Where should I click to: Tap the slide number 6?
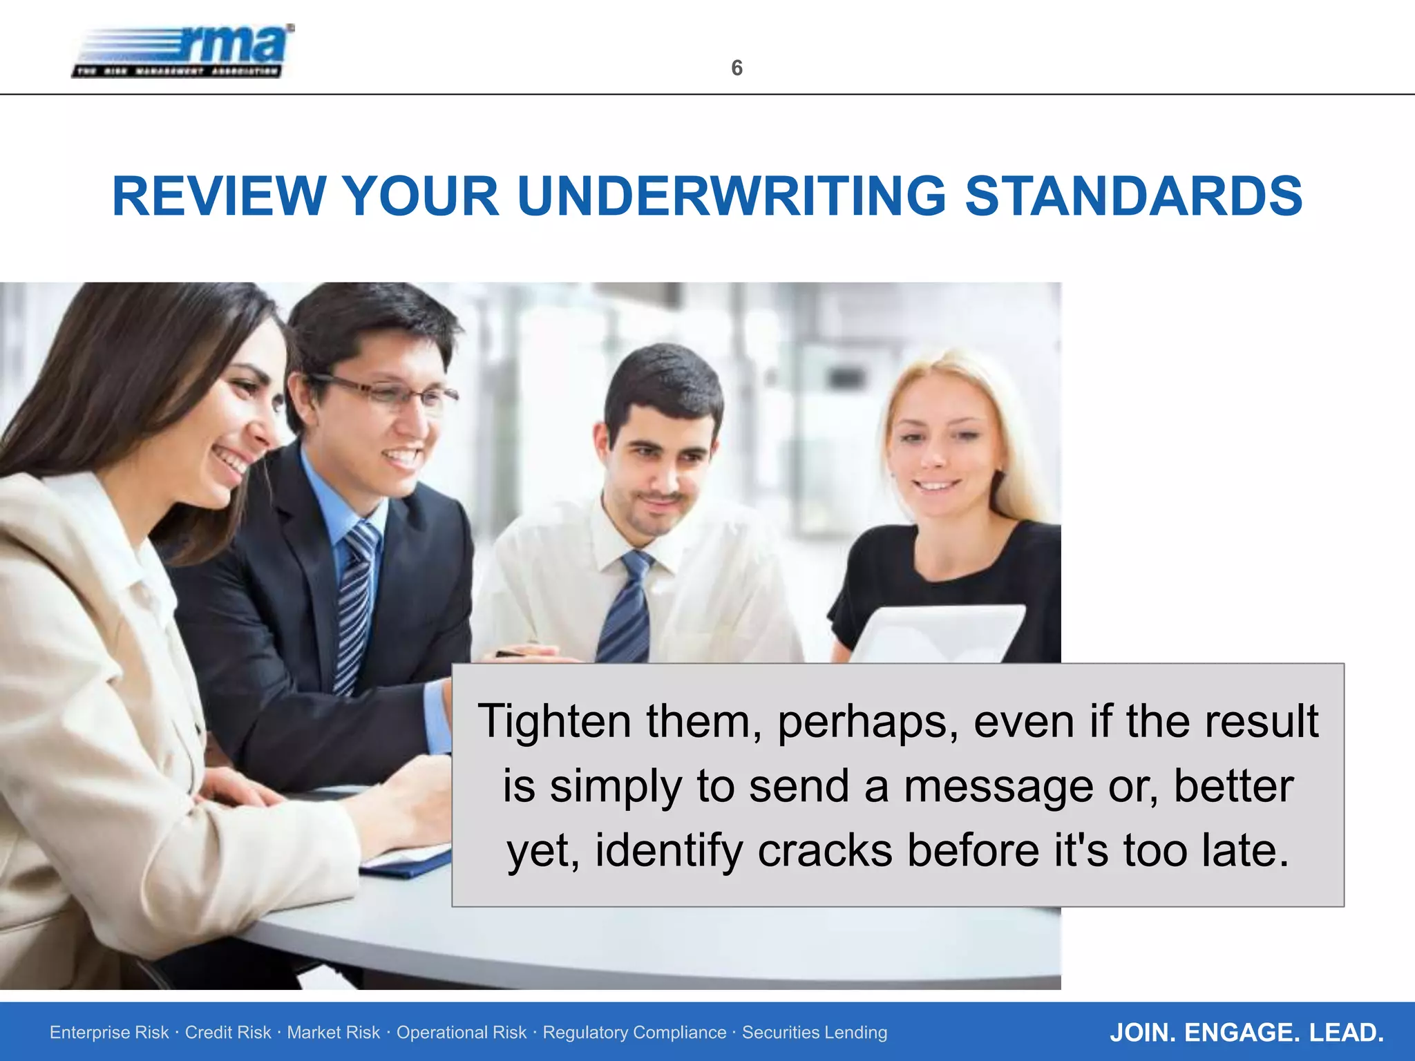coord(737,68)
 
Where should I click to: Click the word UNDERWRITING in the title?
coord(731,197)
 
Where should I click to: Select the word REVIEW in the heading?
coord(219,197)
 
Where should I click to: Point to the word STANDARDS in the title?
coord(1133,197)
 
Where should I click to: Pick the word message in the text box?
coord(998,787)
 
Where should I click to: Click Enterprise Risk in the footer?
coord(109,1033)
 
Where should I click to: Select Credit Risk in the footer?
coord(228,1033)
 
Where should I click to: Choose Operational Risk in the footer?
coord(461,1033)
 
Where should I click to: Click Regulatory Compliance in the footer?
coord(634,1033)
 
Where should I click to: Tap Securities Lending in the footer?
coord(815,1033)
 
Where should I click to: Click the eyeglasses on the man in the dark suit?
coord(387,394)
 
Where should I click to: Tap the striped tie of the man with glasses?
coord(356,601)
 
